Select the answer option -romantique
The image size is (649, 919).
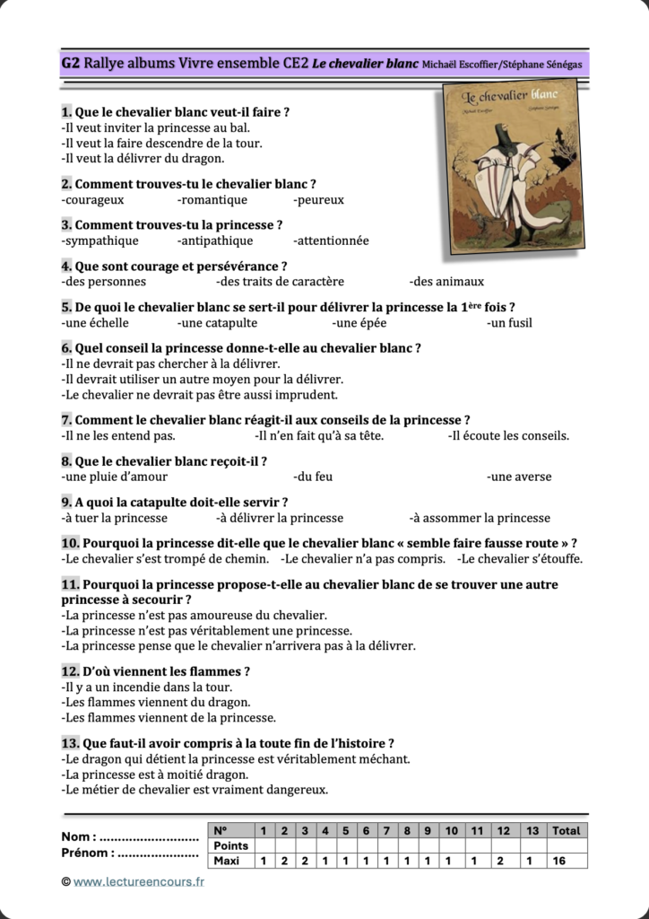click(x=212, y=200)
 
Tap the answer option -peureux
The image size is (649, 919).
click(x=318, y=200)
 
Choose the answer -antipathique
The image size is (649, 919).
click(x=215, y=241)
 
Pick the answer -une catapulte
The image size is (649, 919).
click(x=217, y=323)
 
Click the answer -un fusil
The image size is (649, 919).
click(x=509, y=323)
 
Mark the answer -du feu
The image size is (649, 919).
click(x=313, y=477)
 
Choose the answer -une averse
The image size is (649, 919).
click(x=519, y=477)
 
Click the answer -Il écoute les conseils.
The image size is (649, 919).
click(x=508, y=436)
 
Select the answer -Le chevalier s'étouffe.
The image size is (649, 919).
click(x=520, y=559)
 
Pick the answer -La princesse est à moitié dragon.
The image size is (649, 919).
click(x=155, y=775)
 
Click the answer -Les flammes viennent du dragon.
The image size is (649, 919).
click(x=156, y=702)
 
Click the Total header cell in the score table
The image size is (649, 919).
click(x=566, y=831)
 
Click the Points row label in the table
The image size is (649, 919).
click(x=230, y=846)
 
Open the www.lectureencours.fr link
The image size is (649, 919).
click(x=139, y=882)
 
